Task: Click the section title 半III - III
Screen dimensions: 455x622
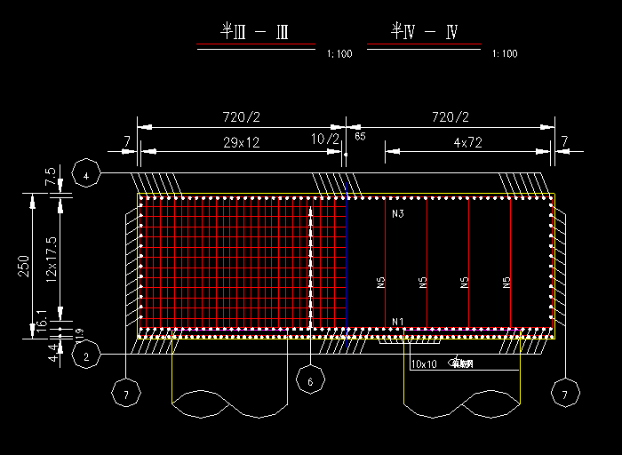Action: [x=254, y=33]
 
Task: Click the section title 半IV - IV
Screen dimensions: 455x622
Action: [x=425, y=33]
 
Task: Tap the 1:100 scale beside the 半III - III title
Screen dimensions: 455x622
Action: [x=339, y=54]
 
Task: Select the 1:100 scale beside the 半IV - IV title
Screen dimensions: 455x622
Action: [x=504, y=54]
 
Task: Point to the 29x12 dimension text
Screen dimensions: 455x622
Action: [x=241, y=142]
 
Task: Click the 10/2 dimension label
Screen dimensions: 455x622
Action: [x=325, y=140]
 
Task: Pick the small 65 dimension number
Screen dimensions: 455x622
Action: [x=360, y=137]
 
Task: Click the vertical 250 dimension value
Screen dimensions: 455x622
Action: [x=25, y=266]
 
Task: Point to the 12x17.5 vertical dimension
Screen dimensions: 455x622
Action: [x=51, y=259]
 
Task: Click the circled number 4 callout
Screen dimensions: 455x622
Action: [x=86, y=176]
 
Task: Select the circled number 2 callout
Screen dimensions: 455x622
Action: [x=86, y=357]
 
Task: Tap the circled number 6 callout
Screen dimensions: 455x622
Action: [x=310, y=382]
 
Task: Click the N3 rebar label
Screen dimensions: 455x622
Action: [x=397, y=214]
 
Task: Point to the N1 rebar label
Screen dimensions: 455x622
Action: [x=397, y=321]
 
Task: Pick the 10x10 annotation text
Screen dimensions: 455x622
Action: [x=424, y=364]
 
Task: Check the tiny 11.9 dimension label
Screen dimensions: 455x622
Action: [x=79, y=335]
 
